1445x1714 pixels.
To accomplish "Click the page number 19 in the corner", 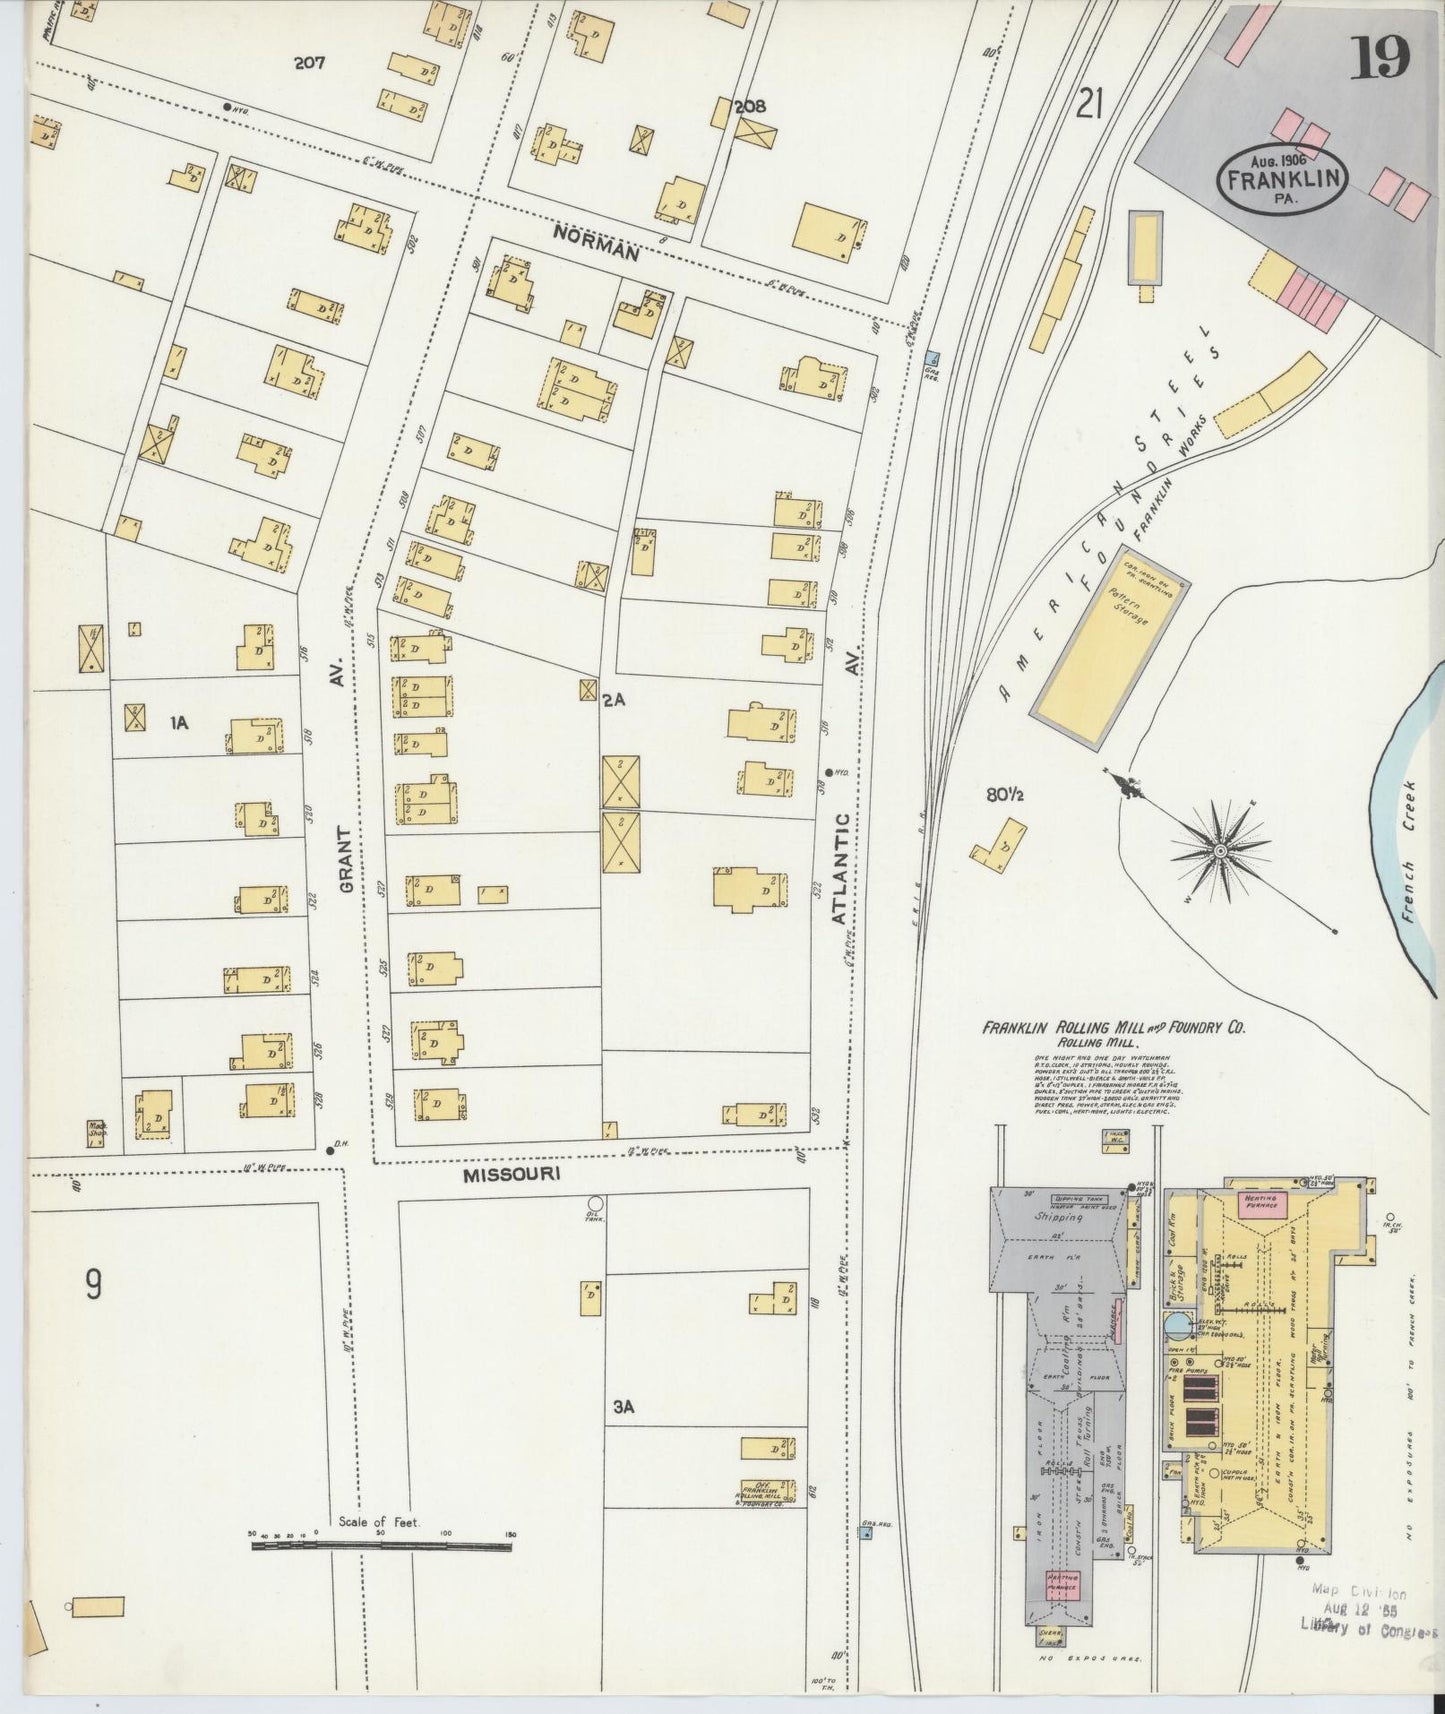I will coord(1381,57).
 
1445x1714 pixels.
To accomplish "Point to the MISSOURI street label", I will coord(510,1175).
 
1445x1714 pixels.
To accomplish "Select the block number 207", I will coord(310,63).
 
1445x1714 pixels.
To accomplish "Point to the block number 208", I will coord(750,106).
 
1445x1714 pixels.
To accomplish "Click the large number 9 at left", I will coord(92,1284).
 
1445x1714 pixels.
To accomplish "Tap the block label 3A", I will coord(624,1407).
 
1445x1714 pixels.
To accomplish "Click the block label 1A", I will coord(179,721).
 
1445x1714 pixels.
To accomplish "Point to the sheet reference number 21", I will coord(1089,103).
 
